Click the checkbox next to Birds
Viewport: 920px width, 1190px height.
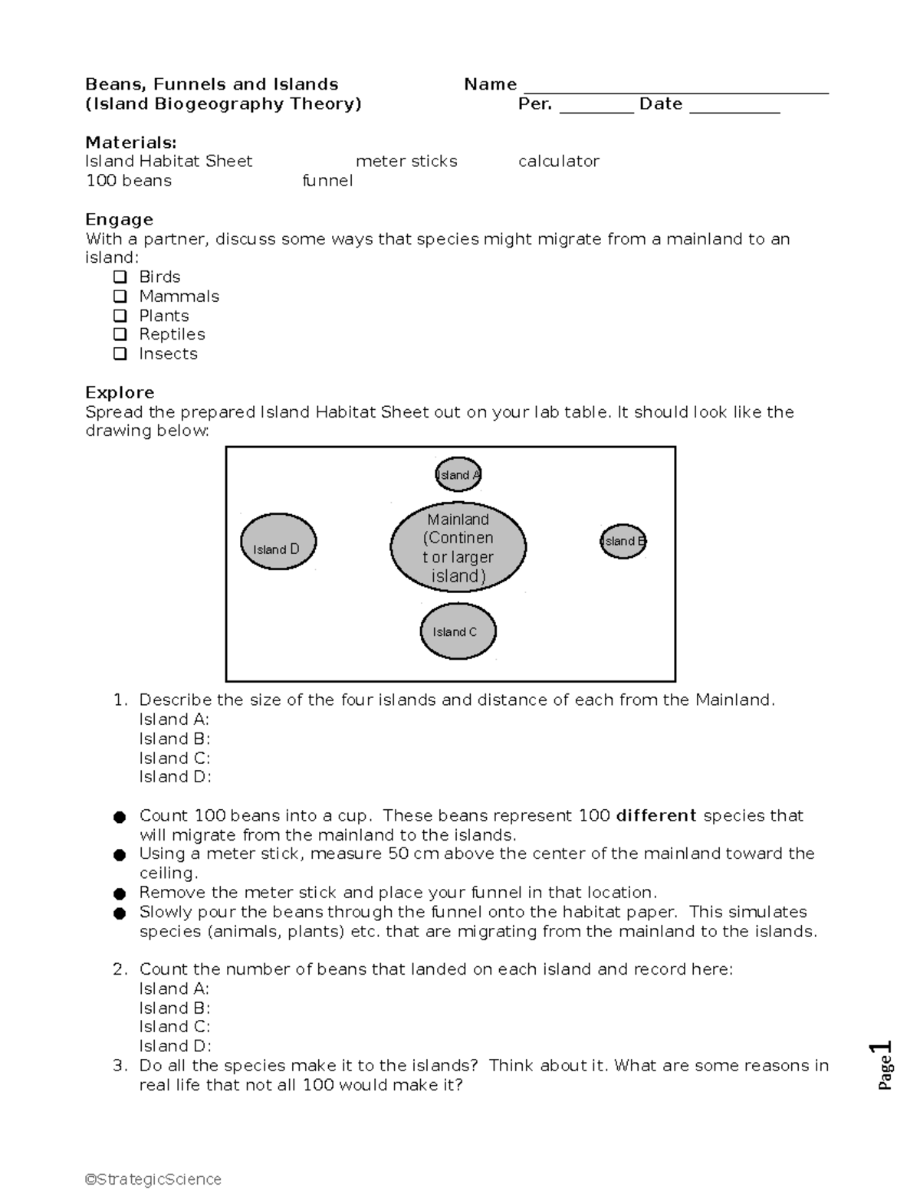tap(120, 277)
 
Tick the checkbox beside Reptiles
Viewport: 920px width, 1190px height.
tap(120, 334)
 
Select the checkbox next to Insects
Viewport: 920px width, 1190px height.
tap(120, 353)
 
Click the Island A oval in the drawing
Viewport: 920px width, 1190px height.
tap(458, 474)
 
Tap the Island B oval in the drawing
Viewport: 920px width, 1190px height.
tap(623, 541)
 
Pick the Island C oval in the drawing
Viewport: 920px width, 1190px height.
tap(458, 631)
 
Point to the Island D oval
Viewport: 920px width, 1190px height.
tap(278, 542)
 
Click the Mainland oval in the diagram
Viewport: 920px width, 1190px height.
tap(458, 547)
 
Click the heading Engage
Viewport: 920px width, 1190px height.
tap(119, 219)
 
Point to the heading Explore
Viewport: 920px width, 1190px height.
tap(120, 392)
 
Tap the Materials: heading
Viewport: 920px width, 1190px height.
tap(130, 142)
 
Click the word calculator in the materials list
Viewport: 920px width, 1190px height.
tap(558, 161)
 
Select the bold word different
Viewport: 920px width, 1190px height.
tap(655, 815)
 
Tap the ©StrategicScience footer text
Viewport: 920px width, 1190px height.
tap(153, 1179)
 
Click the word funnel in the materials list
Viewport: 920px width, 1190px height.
tap(327, 181)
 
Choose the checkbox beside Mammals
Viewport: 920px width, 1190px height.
tap(120, 296)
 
